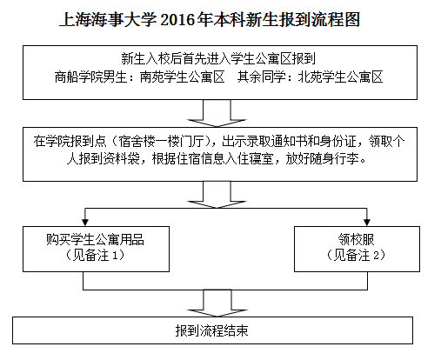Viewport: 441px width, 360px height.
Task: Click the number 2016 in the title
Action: pyautogui.click(x=177, y=20)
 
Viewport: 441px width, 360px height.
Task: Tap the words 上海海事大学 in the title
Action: pyautogui.click(x=108, y=20)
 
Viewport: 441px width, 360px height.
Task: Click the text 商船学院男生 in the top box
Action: pyautogui.click(x=90, y=77)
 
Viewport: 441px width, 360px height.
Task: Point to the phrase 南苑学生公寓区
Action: pyautogui.click(x=183, y=77)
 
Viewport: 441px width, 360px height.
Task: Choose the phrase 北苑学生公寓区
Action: pyautogui.click(x=341, y=77)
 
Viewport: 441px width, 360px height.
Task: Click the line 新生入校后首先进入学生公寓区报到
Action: pyautogui.click(x=218, y=59)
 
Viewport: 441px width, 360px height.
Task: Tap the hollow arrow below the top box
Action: pyautogui.click(x=217, y=113)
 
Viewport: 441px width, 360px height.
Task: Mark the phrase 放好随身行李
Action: pyautogui.click(x=323, y=159)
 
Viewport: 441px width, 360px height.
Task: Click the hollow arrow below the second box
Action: pyautogui.click(x=217, y=195)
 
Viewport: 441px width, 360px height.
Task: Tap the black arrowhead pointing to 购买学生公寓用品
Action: pyautogui.click(x=84, y=222)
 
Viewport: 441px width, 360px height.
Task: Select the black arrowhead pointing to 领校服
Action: pyautogui.click(x=367, y=222)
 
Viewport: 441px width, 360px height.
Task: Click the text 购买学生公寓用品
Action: pyautogui.click(x=95, y=240)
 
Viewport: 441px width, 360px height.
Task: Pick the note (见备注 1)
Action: pyautogui.click(x=95, y=256)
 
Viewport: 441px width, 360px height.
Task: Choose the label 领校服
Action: pyautogui.click(x=357, y=240)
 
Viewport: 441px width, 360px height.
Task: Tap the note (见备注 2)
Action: pyautogui.click(x=357, y=256)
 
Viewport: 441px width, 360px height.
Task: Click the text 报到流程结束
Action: pyautogui.click(x=212, y=330)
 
